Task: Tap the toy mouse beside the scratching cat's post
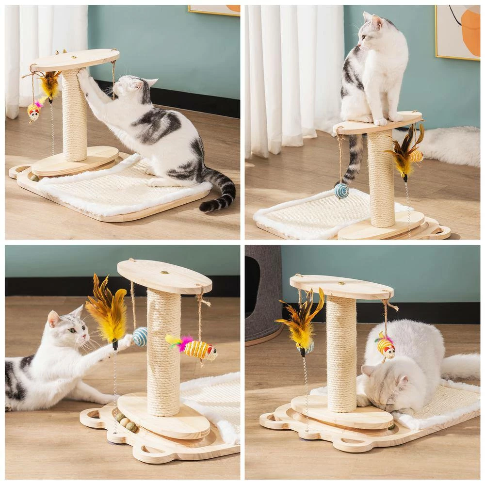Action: [33, 112]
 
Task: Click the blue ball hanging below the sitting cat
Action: [341, 191]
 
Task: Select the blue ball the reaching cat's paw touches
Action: [140, 336]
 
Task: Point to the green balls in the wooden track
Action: [126, 422]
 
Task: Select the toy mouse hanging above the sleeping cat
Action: [385, 346]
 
